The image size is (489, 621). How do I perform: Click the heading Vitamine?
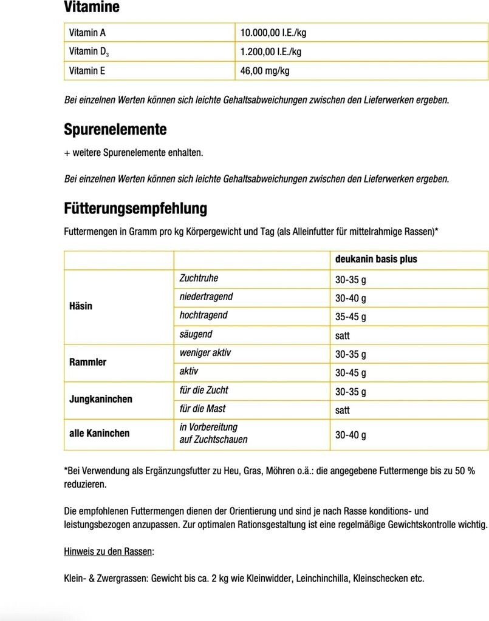coord(92,8)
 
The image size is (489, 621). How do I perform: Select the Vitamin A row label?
coord(87,33)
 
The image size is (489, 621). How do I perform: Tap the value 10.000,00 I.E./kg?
coord(277,33)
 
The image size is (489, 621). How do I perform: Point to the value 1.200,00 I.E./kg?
coord(271,52)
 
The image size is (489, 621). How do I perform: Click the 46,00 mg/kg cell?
coord(265,71)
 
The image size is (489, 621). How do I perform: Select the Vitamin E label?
coord(87,71)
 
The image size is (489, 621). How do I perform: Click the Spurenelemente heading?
coord(115,130)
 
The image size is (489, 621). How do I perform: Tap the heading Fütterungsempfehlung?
coord(135,209)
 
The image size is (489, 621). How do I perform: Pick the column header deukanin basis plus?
coord(376,259)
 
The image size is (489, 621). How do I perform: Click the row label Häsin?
coord(81,306)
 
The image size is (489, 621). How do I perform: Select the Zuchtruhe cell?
coord(199,278)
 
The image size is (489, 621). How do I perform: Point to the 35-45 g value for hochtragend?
coord(351,317)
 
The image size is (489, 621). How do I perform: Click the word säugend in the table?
coord(196,334)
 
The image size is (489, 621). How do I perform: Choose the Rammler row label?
coord(87,362)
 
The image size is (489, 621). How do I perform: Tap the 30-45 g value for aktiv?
coord(351,372)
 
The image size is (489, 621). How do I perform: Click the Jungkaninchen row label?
coord(100,399)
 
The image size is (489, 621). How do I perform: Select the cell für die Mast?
coord(202,409)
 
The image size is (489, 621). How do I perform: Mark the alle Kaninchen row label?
coord(100,433)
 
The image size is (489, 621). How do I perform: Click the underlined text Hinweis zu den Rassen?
coord(109,551)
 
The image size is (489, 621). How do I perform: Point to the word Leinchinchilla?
coord(322,578)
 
